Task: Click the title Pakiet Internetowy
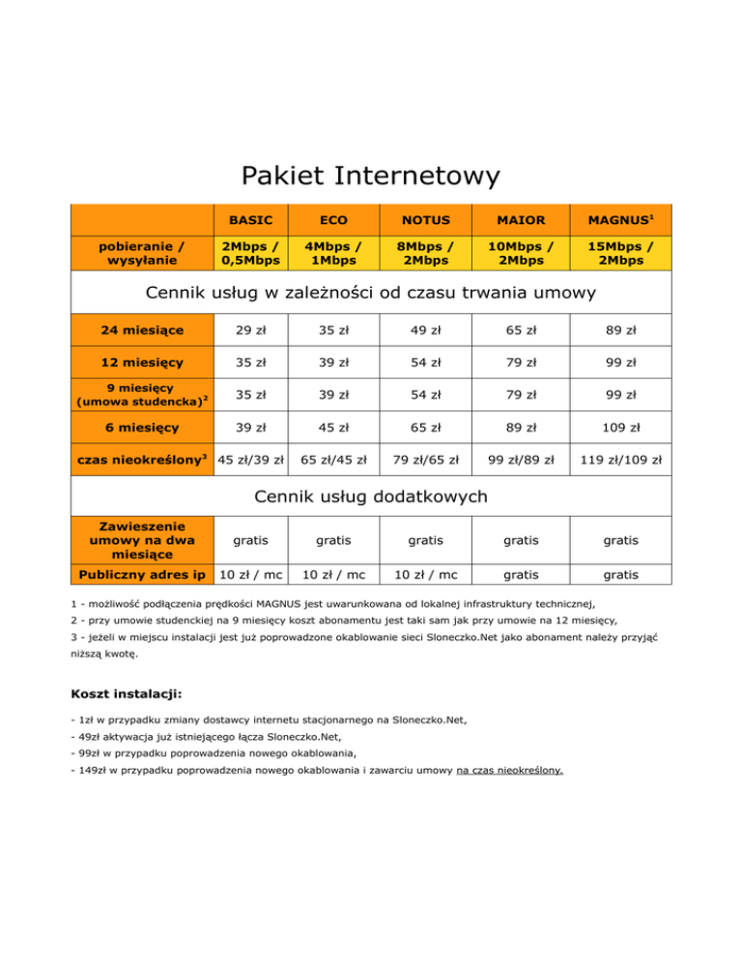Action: (x=371, y=176)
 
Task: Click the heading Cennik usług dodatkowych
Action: (x=371, y=497)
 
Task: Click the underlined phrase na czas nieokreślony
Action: (x=510, y=771)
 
